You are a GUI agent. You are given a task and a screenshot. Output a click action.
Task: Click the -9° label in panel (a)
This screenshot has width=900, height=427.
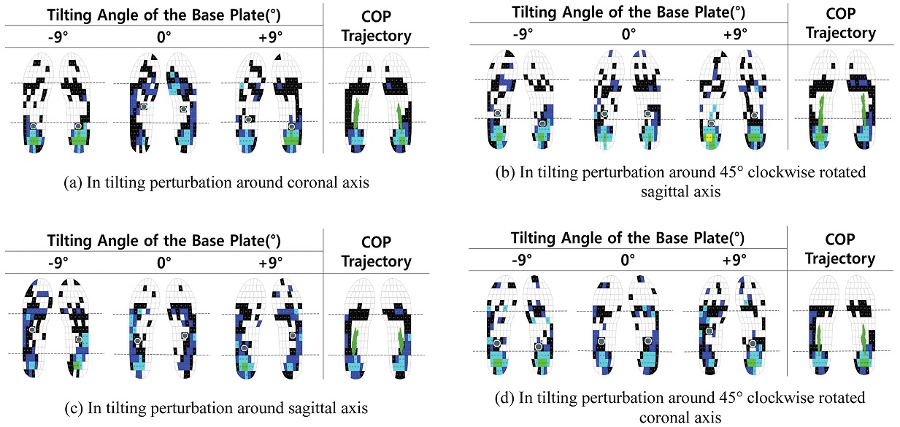(58, 36)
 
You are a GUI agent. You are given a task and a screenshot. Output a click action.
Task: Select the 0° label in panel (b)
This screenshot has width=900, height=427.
(628, 34)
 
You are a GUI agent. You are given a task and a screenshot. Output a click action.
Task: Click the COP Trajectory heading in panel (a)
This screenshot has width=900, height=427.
(377, 26)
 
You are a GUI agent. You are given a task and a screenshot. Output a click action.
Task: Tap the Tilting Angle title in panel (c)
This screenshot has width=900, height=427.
(164, 241)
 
